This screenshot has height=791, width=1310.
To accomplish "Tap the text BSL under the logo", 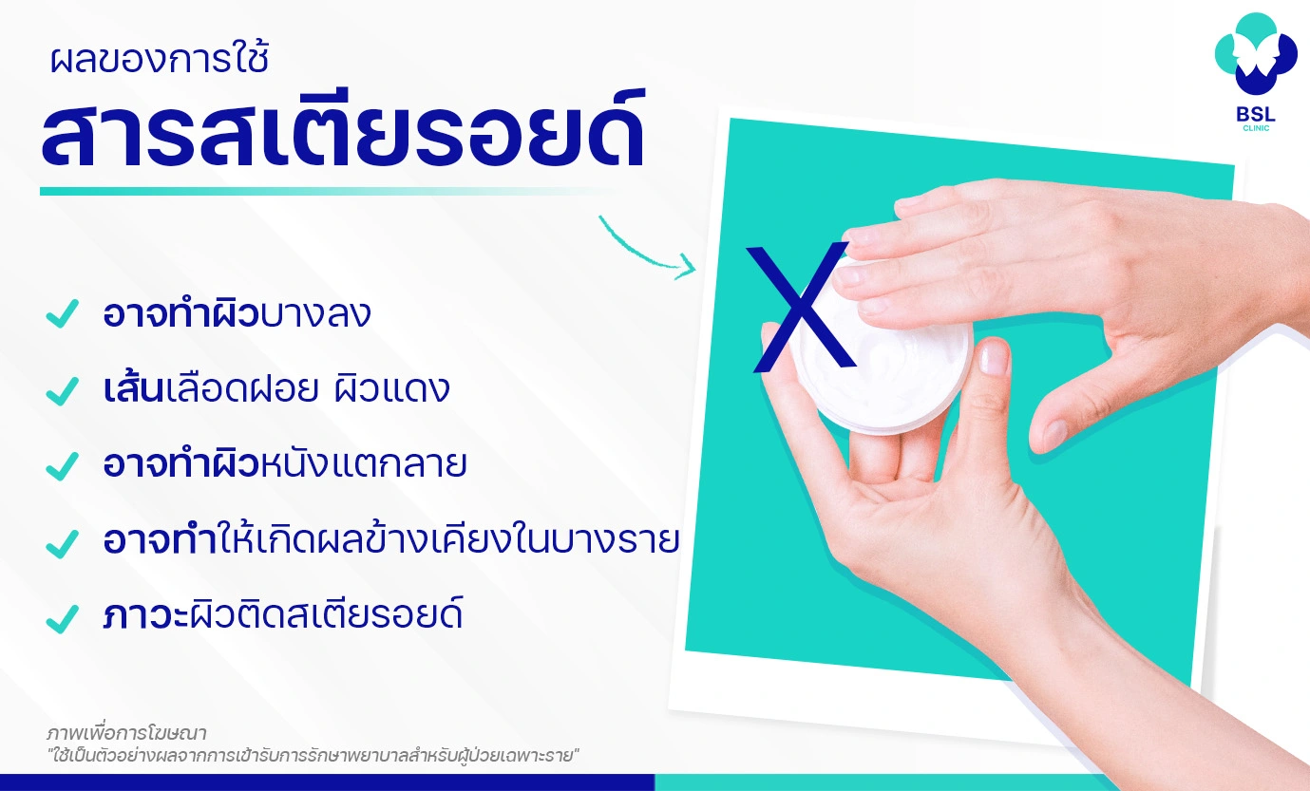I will [1255, 112].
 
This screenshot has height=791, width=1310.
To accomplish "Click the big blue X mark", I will [800, 307].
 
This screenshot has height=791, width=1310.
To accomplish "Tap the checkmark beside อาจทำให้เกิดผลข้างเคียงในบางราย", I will [62, 542].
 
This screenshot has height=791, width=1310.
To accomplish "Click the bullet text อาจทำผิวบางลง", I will [237, 314].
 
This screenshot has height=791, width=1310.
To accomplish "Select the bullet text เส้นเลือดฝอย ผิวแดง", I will [276, 389].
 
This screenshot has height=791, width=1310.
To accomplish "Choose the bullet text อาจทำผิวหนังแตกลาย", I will [285, 465].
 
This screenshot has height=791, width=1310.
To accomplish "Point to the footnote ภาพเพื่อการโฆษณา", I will [126, 733].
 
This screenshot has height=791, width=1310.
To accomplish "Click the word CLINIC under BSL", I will [1255, 128].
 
